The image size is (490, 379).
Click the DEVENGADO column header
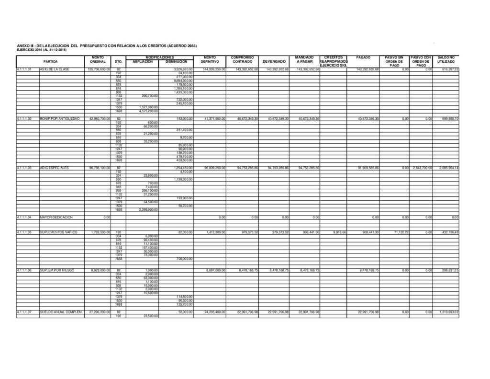click(274, 62)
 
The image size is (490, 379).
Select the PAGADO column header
click(363, 57)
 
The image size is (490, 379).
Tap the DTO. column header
click(119, 62)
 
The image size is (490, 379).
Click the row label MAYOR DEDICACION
click(56, 217)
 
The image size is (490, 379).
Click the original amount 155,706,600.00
click(99, 69)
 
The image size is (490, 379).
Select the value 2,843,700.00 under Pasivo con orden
click(422, 168)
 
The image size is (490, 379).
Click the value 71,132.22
click(397, 232)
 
